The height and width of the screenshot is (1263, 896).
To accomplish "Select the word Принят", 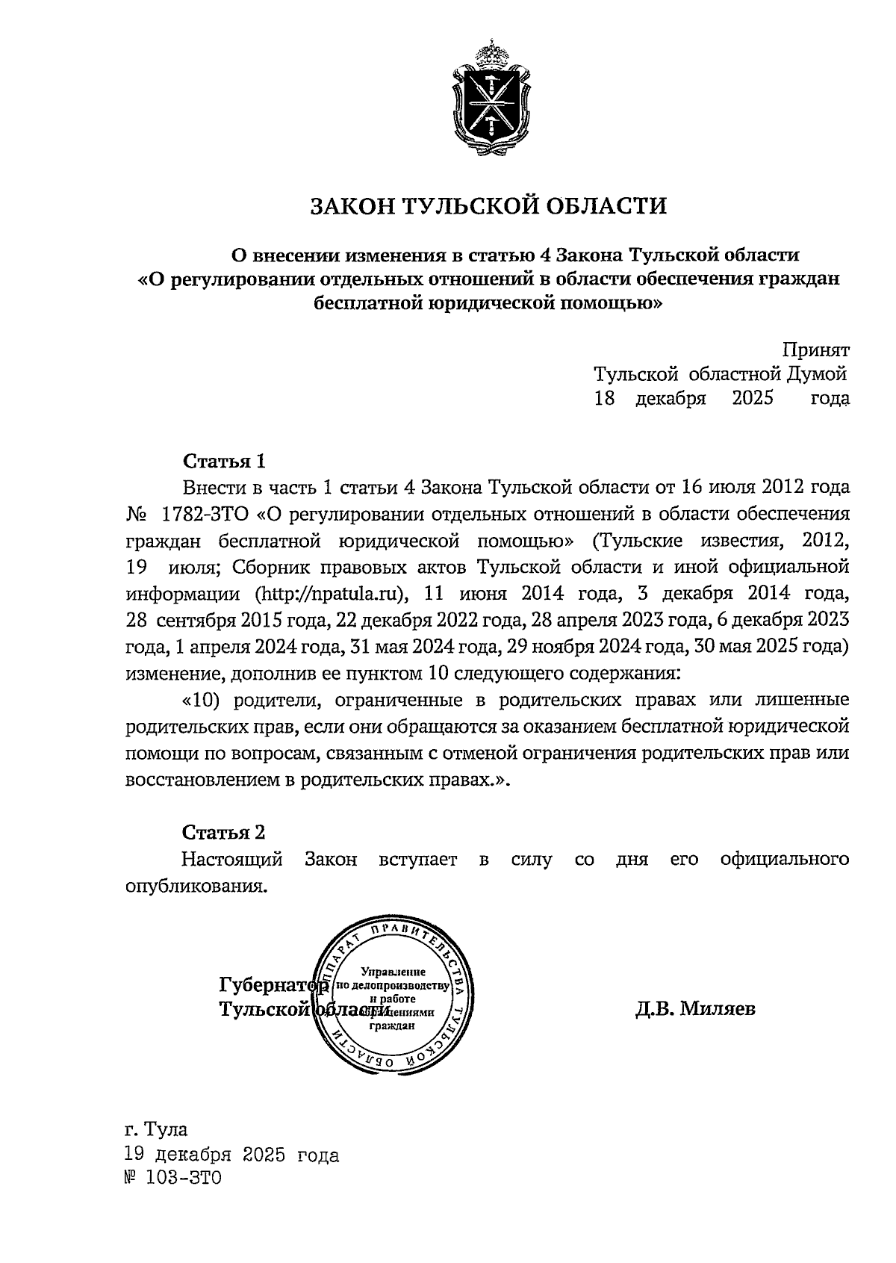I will point(815,350).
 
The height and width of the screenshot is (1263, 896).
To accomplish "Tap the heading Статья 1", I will point(224,460).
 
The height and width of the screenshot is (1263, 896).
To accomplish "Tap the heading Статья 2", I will point(224,832).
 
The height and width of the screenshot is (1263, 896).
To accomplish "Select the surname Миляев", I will point(716,1009).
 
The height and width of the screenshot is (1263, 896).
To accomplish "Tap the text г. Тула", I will point(156,1128).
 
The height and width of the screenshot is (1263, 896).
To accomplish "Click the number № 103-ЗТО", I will point(173,1179).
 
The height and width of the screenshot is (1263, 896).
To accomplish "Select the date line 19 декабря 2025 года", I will point(231,1155).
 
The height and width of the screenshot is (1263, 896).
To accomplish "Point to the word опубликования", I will point(196,886).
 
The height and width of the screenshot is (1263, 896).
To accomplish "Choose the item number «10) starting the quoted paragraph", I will point(202,701).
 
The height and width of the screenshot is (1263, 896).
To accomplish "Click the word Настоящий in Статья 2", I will point(232,860).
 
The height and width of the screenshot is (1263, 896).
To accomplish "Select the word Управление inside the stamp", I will point(393,972).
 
